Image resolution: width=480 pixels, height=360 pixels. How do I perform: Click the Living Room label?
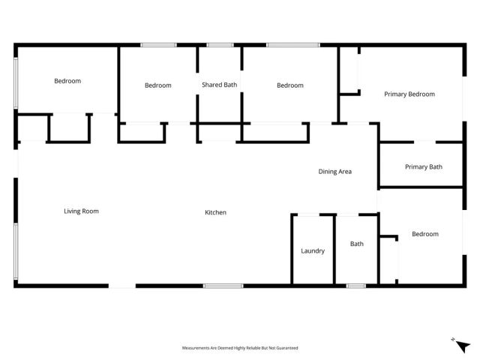pyautogui.click(x=81, y=211)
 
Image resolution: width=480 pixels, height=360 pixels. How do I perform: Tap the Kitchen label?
pyautogui.click(x=216, y=213)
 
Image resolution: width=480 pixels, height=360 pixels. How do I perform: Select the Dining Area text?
pyautogui.click(x=334, y=172)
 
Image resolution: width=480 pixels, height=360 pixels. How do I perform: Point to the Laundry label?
pyautogui.click(x=313, y=250)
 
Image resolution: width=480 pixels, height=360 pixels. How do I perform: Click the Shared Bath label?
pyautogui.click(x=219, y=85)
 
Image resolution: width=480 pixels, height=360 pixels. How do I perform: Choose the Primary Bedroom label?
pyautogui.click(x=409, y=94)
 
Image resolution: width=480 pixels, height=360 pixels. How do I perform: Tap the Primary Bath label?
pyautogui.click(x=424, y=166)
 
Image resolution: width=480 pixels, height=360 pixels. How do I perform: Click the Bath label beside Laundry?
pyautogui.click(x=357, y=244)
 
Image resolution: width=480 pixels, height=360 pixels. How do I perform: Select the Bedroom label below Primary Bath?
pyautogui.click(x=425, y=234)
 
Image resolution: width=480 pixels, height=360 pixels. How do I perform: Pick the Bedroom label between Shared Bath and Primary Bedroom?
pyautogui.click(x=290, y=85)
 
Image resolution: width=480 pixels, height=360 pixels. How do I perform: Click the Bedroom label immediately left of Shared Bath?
pyautogui.click(x=157, y=85)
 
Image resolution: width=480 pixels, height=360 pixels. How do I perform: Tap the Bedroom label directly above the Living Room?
pyautogui.click(x=67, y=81)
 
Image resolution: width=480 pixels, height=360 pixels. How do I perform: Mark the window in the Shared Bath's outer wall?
pyautogui.click(x=220, y=46)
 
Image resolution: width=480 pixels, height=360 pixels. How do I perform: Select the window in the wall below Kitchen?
pyautogui.click(x=223, y=285)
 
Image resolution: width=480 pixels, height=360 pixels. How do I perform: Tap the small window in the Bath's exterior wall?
pyautogui.click(x=355, y=285)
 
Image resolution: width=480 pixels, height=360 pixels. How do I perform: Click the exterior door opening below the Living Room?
pyautogui.click(x=122, y=285)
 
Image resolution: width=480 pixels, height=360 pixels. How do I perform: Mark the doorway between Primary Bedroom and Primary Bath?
pyautogui.click(x=424, y=141)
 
